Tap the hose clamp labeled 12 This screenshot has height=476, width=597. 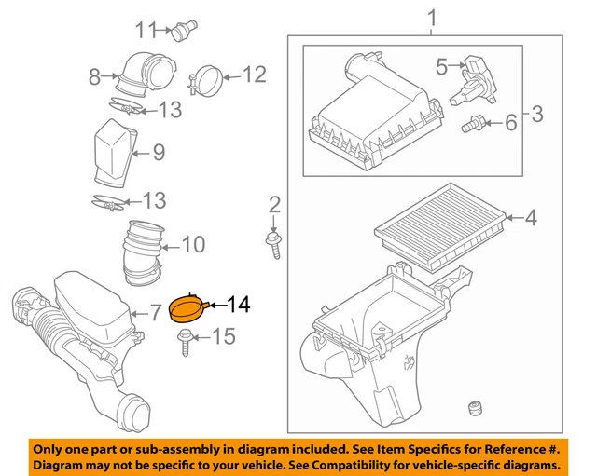204,77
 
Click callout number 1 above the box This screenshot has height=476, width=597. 431,17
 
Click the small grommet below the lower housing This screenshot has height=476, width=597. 475,411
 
